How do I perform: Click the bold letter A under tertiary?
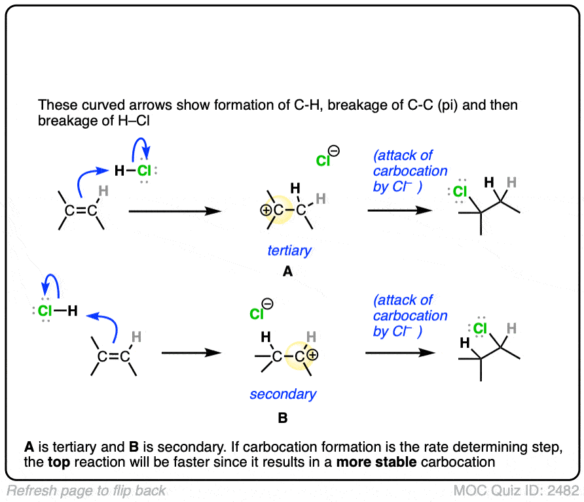tap(287, 272)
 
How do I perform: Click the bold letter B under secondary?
tap(283, 416)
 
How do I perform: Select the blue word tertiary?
tap(288, 250)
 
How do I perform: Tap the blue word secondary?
tap(283, 394)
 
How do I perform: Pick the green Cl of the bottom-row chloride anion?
tap(257, 314)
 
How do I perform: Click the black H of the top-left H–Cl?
tap(119, 171)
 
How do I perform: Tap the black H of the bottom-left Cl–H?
tap(72, 311)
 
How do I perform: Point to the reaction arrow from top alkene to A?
tap(173, 211)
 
